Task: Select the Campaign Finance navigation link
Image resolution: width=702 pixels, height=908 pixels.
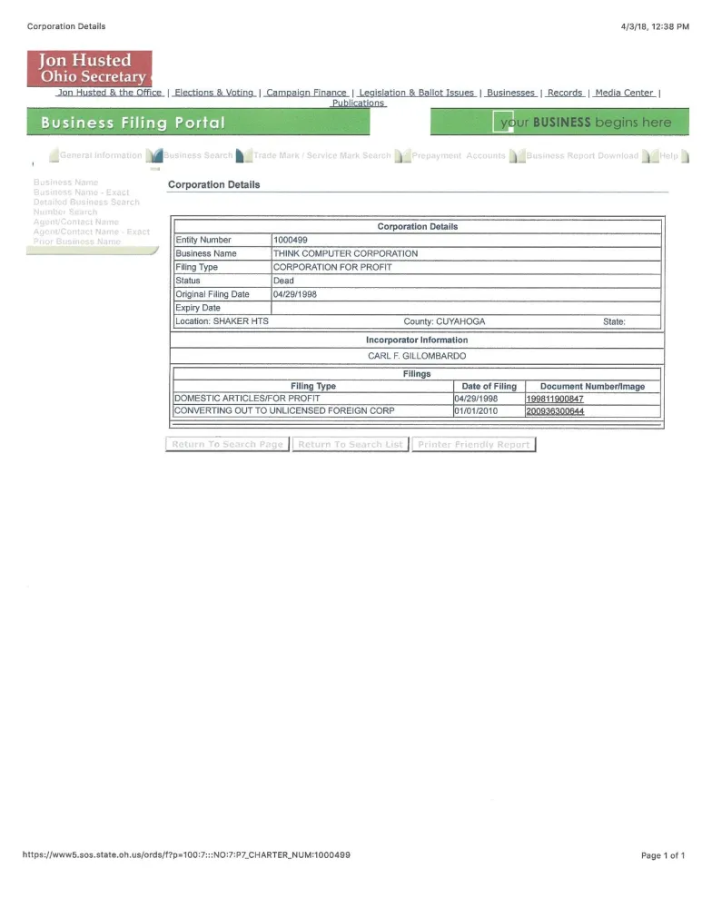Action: (306, 93)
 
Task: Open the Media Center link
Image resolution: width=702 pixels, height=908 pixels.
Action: (624, 93)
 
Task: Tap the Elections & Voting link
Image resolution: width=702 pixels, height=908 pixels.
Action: (213, 93)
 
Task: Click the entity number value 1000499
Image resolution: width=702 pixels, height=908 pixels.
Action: (291, 240)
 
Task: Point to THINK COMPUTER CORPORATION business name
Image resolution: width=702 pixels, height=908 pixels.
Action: (345, 253)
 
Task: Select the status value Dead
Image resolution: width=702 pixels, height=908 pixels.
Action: (283, 281)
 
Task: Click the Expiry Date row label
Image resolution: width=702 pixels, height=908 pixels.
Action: (197, 308)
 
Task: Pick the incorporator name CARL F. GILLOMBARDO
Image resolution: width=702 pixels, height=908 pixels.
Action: (416, 355)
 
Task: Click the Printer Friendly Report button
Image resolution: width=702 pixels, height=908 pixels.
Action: (473, 444)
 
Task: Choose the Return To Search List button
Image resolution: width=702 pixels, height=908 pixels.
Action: (351, 444)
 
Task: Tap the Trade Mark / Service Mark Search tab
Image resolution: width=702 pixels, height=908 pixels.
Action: (321, 155)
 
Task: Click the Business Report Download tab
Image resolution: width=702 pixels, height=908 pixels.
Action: (581, 155)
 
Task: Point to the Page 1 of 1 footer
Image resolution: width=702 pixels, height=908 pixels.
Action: (662, 854)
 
